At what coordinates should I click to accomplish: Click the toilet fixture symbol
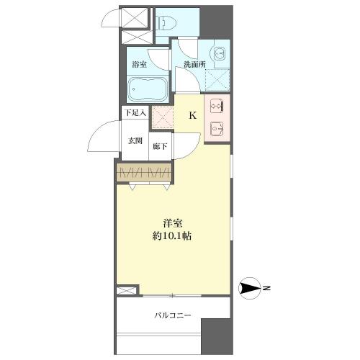coord(167,24)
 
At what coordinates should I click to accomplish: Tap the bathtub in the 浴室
coord(148,89)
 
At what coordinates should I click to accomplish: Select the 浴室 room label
coord(140,64)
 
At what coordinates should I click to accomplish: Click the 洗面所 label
coord(194,64)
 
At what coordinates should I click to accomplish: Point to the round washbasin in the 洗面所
coord(220,54)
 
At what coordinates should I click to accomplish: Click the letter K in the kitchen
coord(193,115)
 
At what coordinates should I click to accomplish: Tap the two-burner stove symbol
coord(217,106)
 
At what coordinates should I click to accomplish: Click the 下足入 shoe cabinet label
coord(135,113)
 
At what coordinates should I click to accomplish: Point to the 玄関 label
coord(135,141)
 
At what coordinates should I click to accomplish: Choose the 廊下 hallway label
coord(160,146)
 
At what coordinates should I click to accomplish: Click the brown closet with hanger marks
coord(144,172)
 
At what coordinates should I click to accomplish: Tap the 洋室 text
coord(173,224)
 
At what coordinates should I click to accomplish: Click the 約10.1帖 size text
coord(172,236)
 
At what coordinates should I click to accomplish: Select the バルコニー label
coord(173,315)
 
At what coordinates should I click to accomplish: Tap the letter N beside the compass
coord(266,288)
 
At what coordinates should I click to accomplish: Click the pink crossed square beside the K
coord(163,118)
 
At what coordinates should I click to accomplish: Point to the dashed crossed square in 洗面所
coord(217,80)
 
